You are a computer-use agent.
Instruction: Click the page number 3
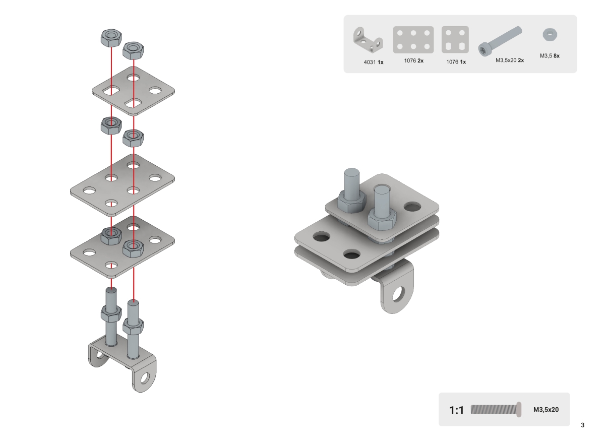point(582,425)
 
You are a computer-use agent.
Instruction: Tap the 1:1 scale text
point(456,410)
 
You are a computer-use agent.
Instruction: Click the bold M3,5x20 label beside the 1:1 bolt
point(546,410)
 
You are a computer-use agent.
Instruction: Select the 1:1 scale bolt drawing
point(496,410)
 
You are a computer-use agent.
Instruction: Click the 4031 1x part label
point(374,62)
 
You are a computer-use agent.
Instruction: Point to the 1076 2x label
point(413,60)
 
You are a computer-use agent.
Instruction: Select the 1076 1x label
point(456,62)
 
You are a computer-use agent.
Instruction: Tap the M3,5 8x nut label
point(550,56)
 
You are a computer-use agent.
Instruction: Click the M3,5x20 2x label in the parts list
point(510,60)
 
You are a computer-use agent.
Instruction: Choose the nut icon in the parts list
point(550,35)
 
